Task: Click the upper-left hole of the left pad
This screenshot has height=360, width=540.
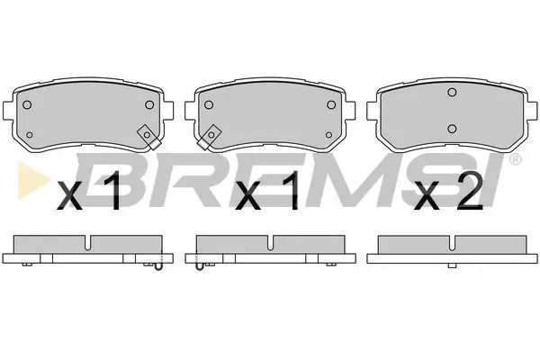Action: point(27,104)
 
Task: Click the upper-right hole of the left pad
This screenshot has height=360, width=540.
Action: point(149,104)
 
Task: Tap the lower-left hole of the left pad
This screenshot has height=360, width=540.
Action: point(30,135)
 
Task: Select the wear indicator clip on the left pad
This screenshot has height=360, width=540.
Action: point(149,137)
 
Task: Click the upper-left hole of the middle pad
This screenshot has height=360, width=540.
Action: point(209,104)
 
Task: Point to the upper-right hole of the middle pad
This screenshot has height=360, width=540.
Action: point(331,104)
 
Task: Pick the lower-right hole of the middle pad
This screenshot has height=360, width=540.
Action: point(328,135)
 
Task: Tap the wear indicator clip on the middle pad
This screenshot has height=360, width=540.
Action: point(210,137)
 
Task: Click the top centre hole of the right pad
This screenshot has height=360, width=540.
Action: point(452,93)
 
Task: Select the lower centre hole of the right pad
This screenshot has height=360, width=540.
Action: point(452,129)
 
